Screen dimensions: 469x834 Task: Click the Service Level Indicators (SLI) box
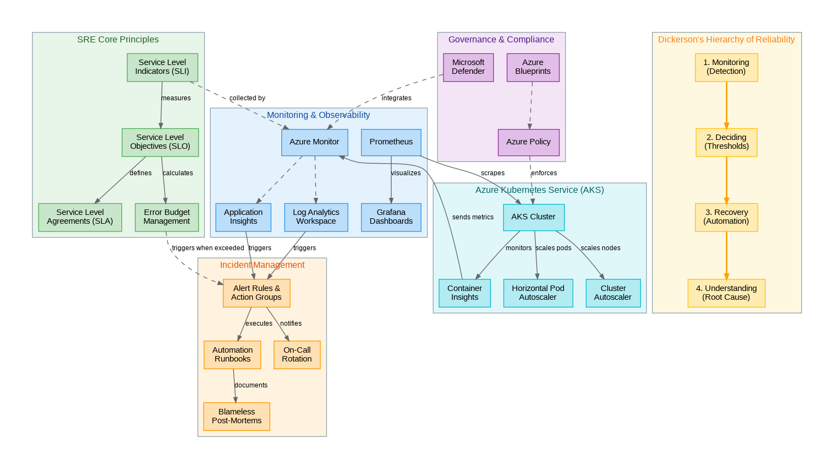click(x=162, y=67)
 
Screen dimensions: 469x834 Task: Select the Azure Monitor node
click(x=314, y=142)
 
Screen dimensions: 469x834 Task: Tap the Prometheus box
click(x=391, y=142)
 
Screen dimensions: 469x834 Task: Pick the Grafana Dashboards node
click(x=391, y=217)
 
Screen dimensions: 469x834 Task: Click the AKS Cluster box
click(x=533, y=217)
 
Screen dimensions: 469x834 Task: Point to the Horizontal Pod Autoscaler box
click(x=538, y=293)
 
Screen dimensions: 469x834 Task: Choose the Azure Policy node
click(x=528, y=142)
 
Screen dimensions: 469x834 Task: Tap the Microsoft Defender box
click(x=468, y=67)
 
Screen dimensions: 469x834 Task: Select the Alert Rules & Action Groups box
click(x=256, y=293)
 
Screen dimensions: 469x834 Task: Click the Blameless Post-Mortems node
click(x=237, y=416)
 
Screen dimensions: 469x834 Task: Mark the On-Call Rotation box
click(x=297, y=354)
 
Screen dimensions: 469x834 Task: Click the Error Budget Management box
click(x=167, y=217)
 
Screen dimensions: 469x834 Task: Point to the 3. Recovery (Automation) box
click(x=726, y=217)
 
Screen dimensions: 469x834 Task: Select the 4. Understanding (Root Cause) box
click(x=726, y=293)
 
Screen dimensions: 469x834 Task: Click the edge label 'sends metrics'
click(x=473, y=217)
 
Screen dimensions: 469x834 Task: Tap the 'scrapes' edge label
click(x=493, y=173)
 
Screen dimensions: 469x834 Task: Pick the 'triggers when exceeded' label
click(x=208, y=248)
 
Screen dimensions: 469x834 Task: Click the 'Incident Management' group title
click(x=262, y=265)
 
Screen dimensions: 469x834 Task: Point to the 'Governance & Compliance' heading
click(x=501, y=40)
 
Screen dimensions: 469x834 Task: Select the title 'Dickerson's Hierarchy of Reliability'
click(x=726, y=40)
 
